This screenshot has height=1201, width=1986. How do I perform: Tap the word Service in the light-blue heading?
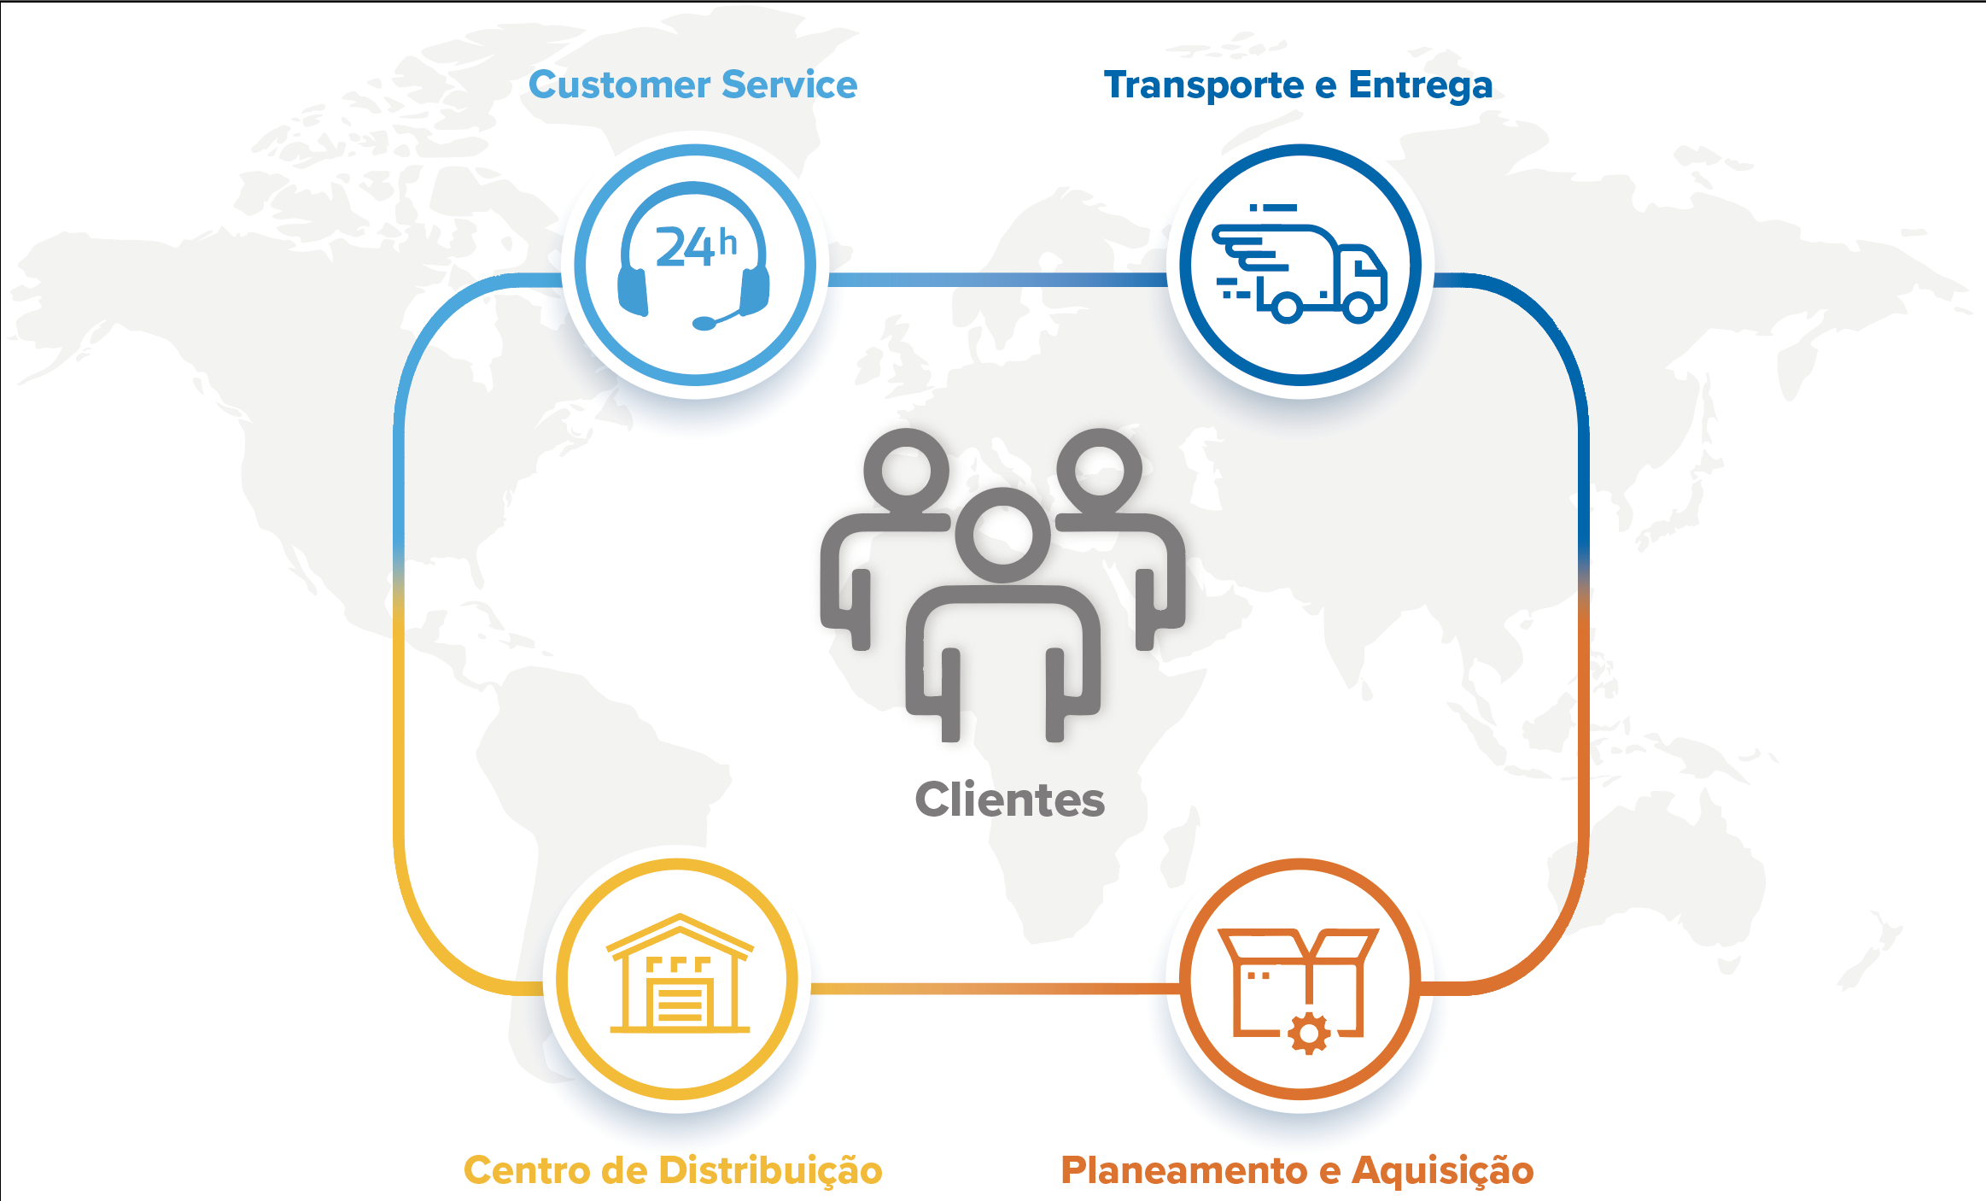point(789,85)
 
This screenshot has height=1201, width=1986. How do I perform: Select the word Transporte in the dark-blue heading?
point(1203,86)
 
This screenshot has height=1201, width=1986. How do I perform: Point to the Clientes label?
point(1009,800)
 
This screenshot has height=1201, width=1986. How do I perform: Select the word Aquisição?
point(1443,1170)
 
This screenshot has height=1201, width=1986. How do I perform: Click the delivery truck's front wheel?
point(1359,306)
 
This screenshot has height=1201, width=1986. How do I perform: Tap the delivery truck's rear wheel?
point(1287,307)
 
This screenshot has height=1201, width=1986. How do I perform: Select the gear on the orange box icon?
point(1309,1034)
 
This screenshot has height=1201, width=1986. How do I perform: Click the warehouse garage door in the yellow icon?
point(680,1003)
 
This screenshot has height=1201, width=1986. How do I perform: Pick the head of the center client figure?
point(1002,536)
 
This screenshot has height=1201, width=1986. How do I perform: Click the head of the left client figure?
point(906,471)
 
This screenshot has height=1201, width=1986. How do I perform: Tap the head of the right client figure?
point(1099,471)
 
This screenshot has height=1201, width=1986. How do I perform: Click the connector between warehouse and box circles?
point(995,989)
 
